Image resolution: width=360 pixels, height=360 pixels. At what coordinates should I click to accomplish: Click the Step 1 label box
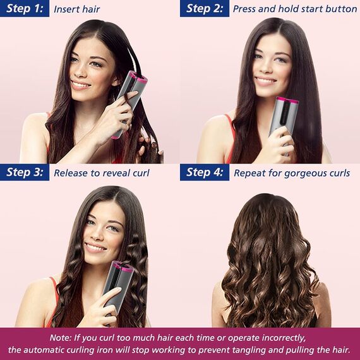click(x=25, y=8)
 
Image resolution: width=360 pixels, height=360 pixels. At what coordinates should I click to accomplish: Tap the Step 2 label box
click(x=205, y=8)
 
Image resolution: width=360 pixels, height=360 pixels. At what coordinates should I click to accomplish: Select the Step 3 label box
click(x=25, y=172)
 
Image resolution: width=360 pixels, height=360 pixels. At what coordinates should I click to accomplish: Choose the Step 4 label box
click(x=205, y=172)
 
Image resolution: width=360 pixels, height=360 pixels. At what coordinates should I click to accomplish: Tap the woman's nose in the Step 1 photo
click(x=80, y=71)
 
